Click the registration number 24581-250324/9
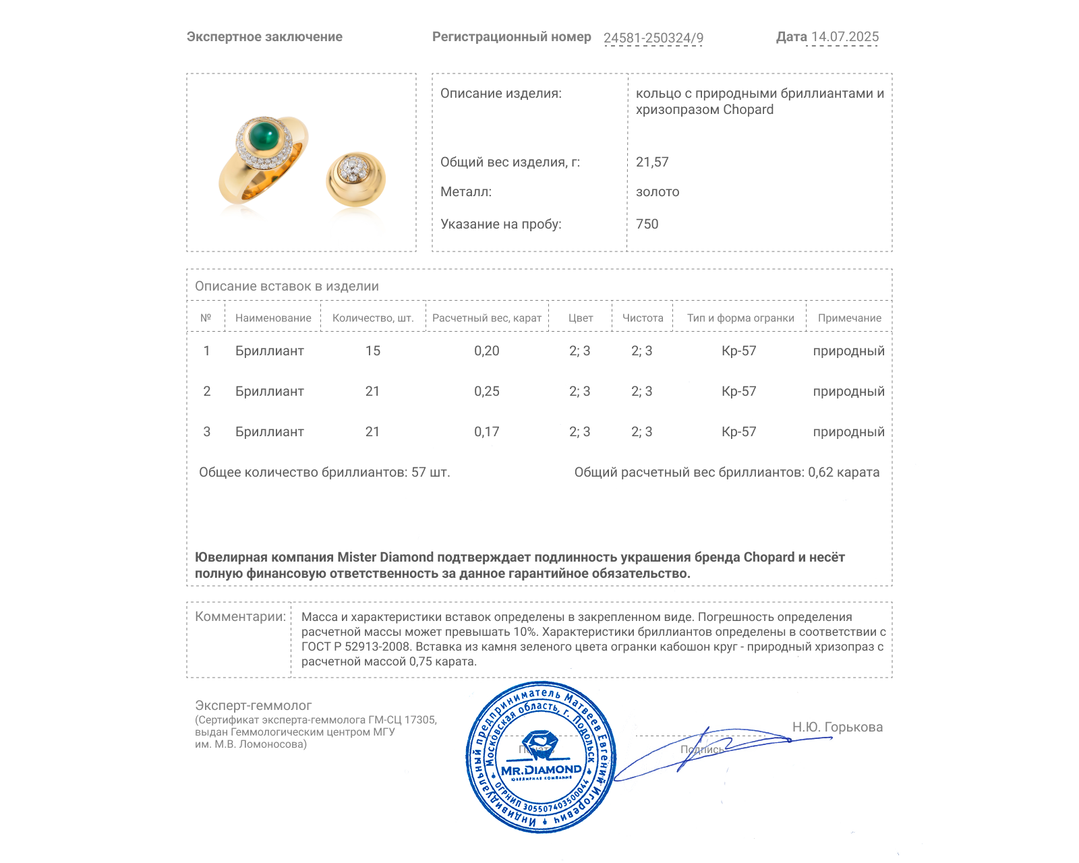pos(653,38)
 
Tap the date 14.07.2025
pos(844,37)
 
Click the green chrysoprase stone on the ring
pos(264,136)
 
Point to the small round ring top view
pos(355,178)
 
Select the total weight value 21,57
pos(652,162)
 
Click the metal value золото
pos(658,191)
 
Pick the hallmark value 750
pos(647,224)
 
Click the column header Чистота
pos(642,318)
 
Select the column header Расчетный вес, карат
pos(486,318)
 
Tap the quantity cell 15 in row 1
pos(372,351)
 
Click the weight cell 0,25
pos(486,391)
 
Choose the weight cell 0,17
pos(486,431)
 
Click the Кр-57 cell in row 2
pos(738,391)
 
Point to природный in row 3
pos(848,431)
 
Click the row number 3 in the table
pos(206,431)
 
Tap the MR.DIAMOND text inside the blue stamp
pos(541,770)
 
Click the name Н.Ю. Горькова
pos(837,727)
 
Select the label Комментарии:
pos(240,616)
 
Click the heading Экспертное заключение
pos(264,37)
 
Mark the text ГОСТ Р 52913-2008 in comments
pos(355,647)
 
